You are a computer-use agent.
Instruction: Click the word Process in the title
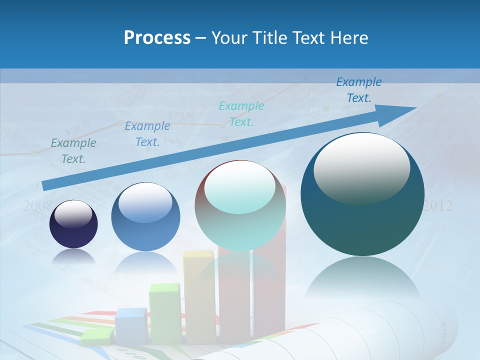click(157, 38)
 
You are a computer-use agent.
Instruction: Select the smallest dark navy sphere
click(73, 224)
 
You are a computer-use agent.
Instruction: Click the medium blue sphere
click(145, 216)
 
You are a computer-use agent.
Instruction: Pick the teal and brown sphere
click(240, 205)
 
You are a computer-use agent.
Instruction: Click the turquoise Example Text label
click(241, 113)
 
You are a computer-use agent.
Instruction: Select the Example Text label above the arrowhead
click(358, 90)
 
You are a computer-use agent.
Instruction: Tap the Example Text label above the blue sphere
click(147, 134)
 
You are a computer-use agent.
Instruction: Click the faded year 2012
click(438, 205)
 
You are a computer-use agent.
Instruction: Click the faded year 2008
click(37, 205)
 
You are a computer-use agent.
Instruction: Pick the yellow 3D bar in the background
click(199, 295)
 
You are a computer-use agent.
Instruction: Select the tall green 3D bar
click(165, 312)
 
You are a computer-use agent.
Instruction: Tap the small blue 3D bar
click(130, 325)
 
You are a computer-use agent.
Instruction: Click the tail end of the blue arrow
click(46, 185)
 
